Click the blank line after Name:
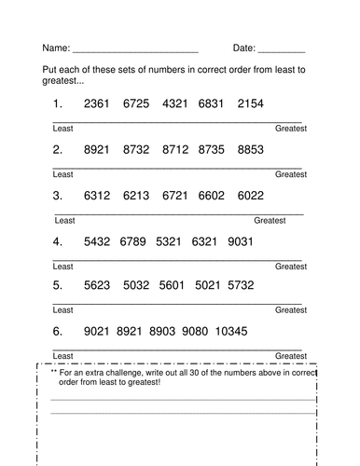pyautogui.click(x=135, y=48)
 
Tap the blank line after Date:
pyautogui.click(x=281, y=48)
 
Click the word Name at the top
pyautogui.click(x=55, y=48)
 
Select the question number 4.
pyautogui.click(x=58, y=241)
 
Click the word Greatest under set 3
pyautogui.click(x=270, y=221)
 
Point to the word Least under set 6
pyautogui.click(x=62, y=356)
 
